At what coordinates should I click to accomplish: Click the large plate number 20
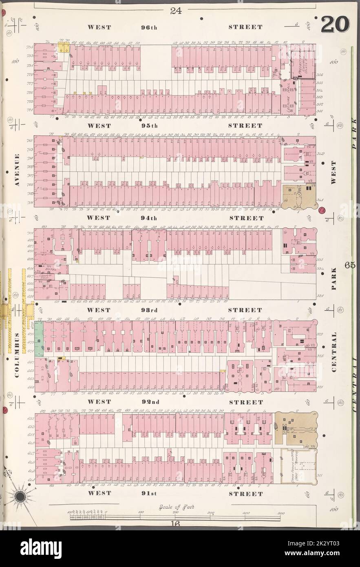(x=335, y=25)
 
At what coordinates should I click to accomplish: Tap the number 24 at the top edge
(x=176, y=11)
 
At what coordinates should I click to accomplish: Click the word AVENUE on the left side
(x=17, y=170)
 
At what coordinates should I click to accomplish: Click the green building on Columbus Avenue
(x=39, y=339)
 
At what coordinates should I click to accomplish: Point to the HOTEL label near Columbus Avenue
(x=50, y=270)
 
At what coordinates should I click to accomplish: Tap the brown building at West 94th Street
(x=299, y=197)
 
